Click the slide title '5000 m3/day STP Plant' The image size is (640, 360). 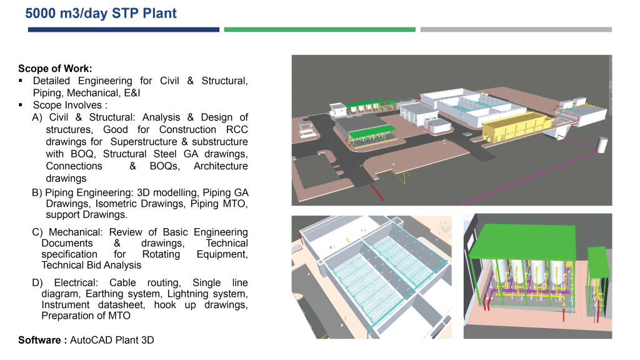[x=101, y=12]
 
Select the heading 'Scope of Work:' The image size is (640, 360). [x=55, y=69]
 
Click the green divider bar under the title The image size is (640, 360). [x=319, y=29]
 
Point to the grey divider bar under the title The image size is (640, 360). [x=516, y=29]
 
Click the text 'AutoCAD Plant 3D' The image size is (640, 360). [x=112, y=340]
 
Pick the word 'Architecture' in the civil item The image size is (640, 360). [x=221, y=166]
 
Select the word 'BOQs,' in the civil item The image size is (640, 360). [x=164, y=166]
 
